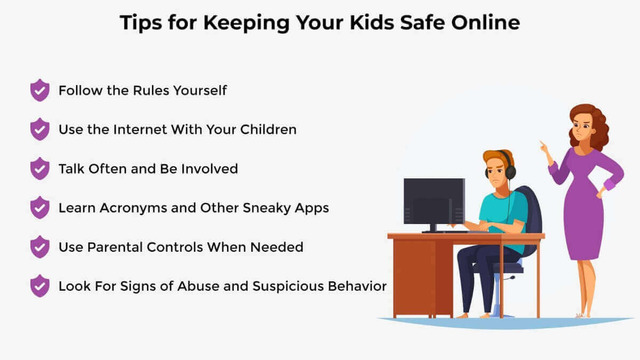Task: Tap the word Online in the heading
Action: tap(486, 22)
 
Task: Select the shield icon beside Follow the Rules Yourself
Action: tap(39, 90)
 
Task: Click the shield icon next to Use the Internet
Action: tap(39, 129)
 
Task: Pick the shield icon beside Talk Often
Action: tap(39, 169)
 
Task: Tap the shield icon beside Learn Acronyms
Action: tap(39, 207)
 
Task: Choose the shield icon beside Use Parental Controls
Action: tap(39, 247)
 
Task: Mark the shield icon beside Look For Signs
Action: tap(39, 286)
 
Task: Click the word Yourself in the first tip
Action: tap(200, 90)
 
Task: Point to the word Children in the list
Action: tap(268, 130)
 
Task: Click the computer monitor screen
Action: tap(434, 201)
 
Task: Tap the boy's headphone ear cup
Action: tap(510, 172)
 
